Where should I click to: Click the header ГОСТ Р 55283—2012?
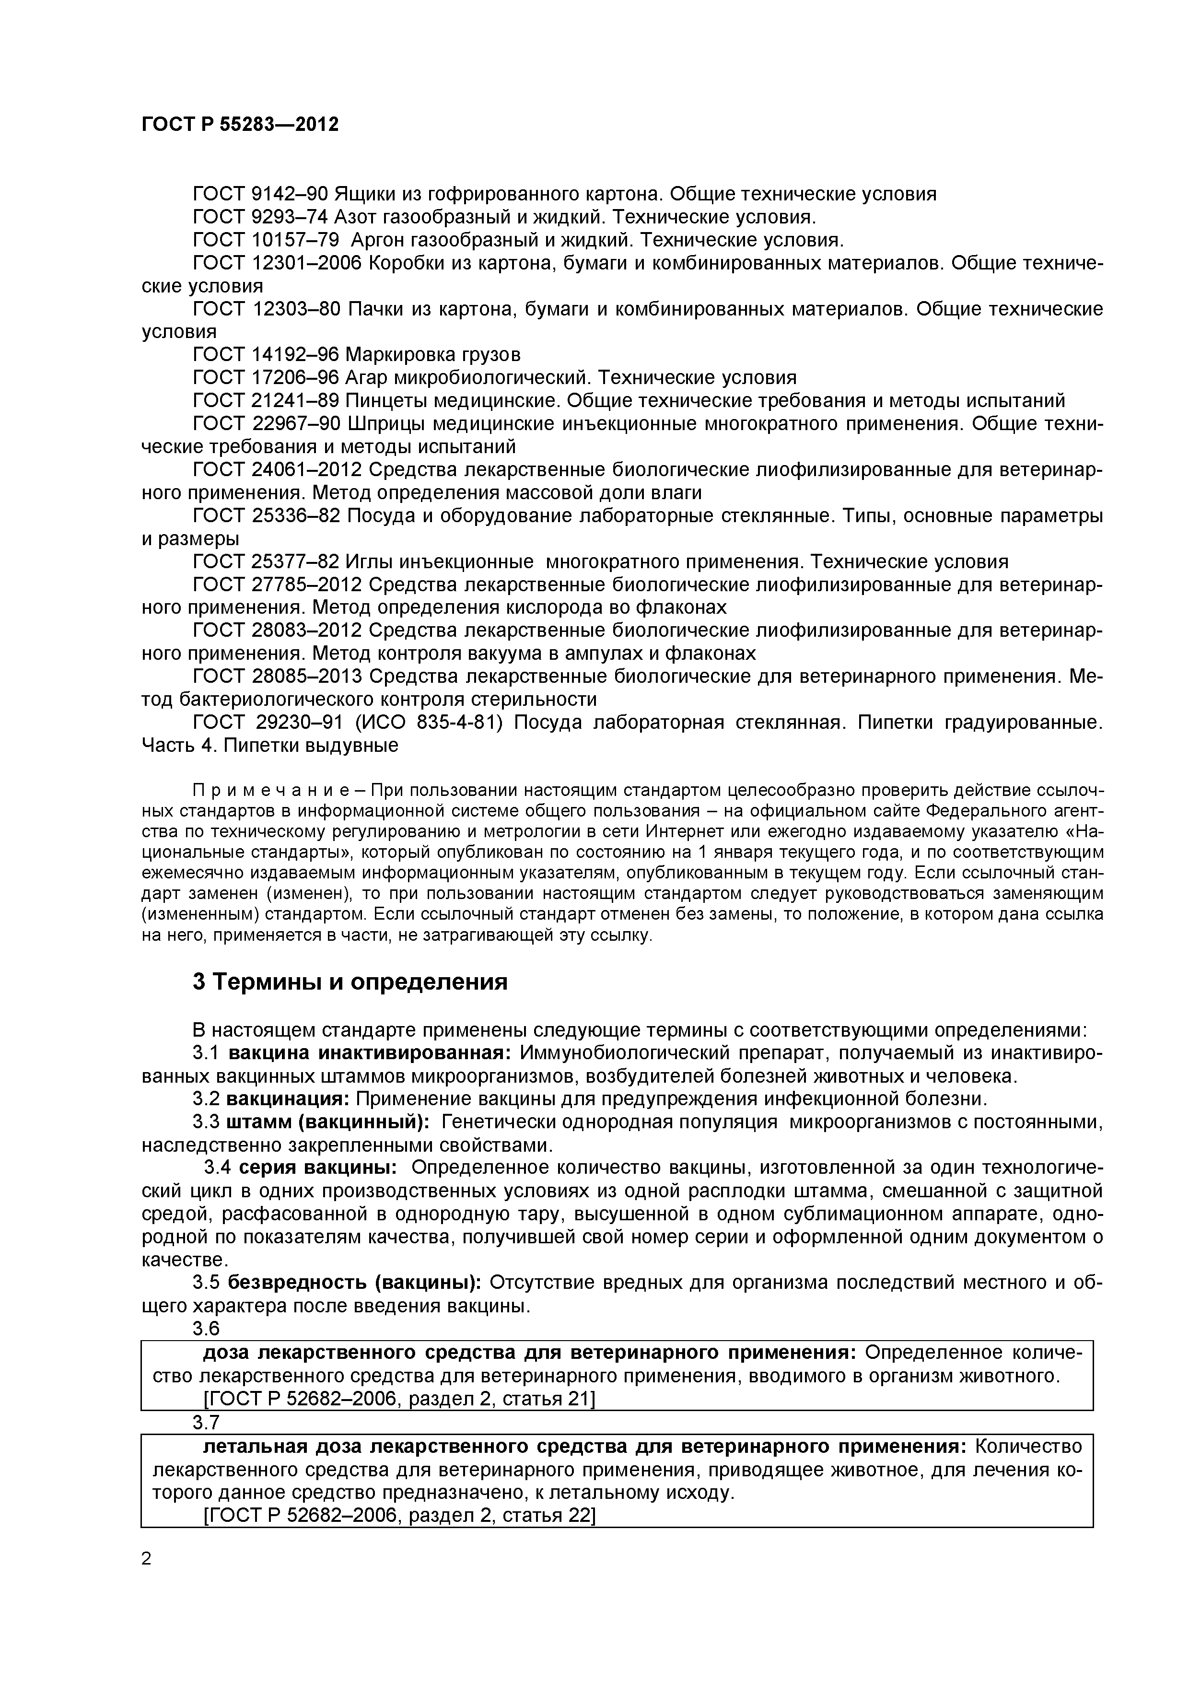[x=240, y=125]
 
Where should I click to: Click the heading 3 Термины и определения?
[x=350, y=981]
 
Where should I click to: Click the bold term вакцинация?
[x=288, y=1099]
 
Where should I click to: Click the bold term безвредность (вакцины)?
[x=354, y=1282]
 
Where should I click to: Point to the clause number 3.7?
[x=206, y=1422]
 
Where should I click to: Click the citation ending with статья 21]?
[x=398, y=1399]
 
